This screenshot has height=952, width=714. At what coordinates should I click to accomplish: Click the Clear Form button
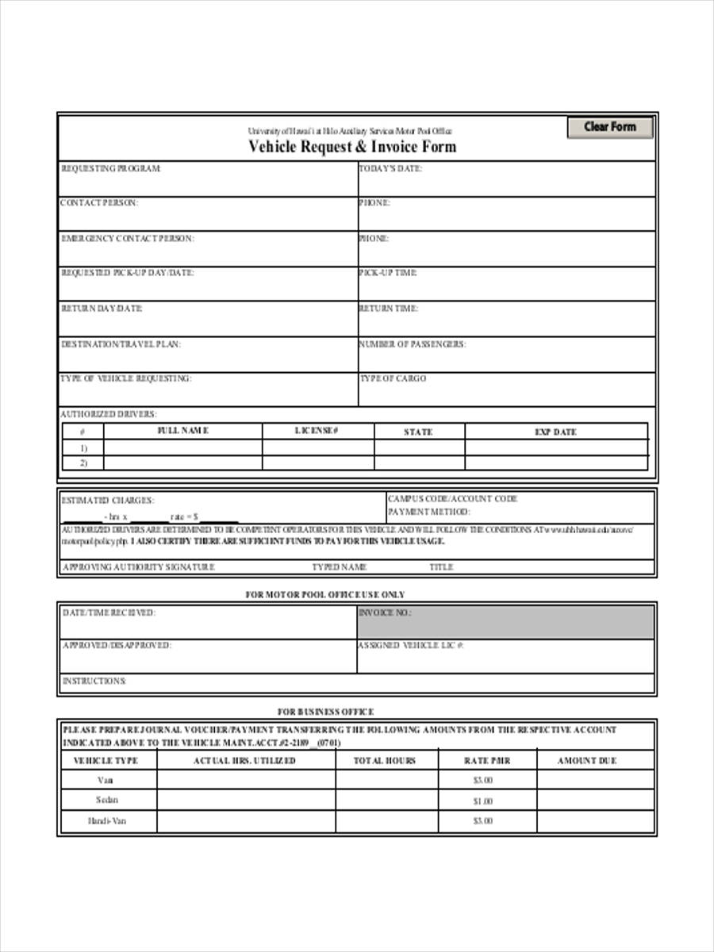click(609, 127)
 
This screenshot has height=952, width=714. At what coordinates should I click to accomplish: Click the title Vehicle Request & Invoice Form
click(352, 147)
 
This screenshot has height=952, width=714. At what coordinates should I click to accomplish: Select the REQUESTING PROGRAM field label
click(111, 168)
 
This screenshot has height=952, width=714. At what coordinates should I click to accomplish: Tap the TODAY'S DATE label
click(390, 168)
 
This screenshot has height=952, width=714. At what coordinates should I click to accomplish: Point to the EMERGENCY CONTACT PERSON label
click(127, 238)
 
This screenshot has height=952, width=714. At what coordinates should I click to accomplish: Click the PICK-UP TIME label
click(388, 273)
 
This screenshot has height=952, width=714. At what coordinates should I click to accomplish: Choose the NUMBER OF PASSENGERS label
click(412, 344)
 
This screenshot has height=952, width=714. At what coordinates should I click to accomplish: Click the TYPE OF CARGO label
click(393, 378)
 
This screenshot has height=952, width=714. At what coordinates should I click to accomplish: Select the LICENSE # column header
click(317, 431)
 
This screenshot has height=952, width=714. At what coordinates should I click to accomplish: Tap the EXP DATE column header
click(555, 432)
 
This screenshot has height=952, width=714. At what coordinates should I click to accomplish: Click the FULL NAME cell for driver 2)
click(182, 463)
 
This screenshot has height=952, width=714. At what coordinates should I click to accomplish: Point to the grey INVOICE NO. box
click(506, 622)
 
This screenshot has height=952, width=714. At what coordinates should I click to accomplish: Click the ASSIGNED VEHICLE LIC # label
click(410, 646)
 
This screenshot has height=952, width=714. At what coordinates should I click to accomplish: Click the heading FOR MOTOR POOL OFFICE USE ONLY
click(324, 594)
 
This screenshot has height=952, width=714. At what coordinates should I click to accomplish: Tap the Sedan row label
click(106, 800)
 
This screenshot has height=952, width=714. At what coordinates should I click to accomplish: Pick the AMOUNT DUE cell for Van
click(595, 781)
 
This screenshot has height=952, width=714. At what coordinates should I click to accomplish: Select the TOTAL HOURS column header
click(385, 761)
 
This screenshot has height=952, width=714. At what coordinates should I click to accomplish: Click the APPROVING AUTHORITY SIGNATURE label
click(138, 567)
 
